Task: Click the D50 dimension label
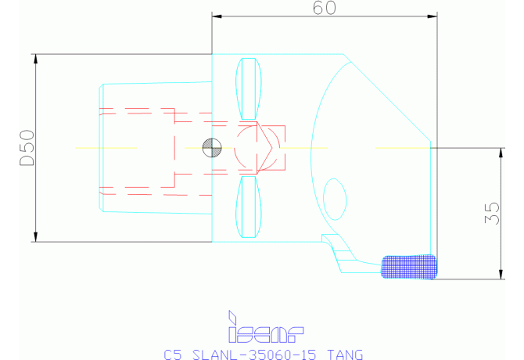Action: pyautogui.click(x=27, y=148)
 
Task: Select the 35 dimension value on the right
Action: pyautogui.click(x=491, y=212)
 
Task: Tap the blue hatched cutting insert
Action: pyautogui.click(x=407, y=266)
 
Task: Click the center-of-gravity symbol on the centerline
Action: pyautogui.click(x=210, y=146)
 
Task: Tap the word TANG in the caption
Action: pyautogui.click(x=343, y=355)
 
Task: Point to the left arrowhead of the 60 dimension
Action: pyautogui.click(x=217, y=16)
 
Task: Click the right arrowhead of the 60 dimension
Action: pyautogui.click(x=431, y=16)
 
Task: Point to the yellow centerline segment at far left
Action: pyautogui.click(x=106, y=147)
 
